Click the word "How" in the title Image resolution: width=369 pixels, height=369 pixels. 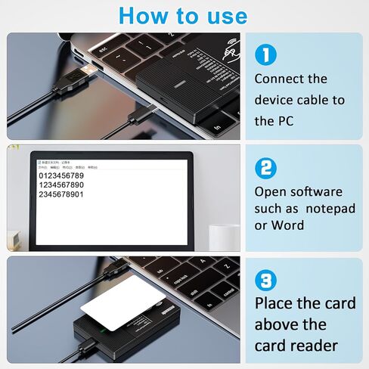142,15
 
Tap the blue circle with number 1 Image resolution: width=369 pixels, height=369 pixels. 265,54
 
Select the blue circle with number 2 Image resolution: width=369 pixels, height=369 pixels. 265,167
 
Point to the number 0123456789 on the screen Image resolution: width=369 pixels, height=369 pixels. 62,175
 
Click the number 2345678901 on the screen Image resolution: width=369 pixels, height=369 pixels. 62,195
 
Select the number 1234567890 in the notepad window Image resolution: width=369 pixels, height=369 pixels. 62,185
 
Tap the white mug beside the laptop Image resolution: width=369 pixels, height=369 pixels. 224,237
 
